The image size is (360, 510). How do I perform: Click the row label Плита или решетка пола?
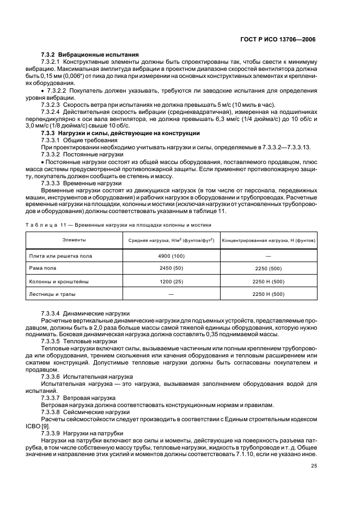(60, 256)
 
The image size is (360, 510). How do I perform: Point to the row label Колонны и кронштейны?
(59, 282)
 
